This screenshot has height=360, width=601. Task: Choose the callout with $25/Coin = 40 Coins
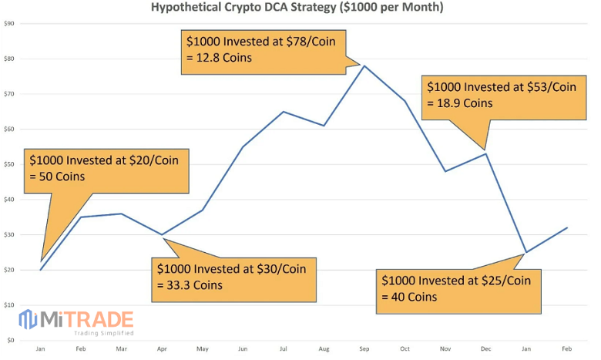[455, 288]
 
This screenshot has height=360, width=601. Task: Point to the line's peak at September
[364, 66]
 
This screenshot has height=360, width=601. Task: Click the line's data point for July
[283, 112]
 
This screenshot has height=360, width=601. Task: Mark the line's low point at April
[162, 234]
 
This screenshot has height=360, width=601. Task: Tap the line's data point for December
[485, 154]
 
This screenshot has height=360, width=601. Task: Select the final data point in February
[566, 228]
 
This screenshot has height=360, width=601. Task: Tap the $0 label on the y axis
[11, 340]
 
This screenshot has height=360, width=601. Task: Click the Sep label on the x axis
[364, 349]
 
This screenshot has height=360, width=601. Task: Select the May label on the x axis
[203, 349]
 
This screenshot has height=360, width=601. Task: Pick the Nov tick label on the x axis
[445, 349]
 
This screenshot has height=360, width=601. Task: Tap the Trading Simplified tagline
[104, 333]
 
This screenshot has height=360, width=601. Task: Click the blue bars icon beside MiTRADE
[29, 320]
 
